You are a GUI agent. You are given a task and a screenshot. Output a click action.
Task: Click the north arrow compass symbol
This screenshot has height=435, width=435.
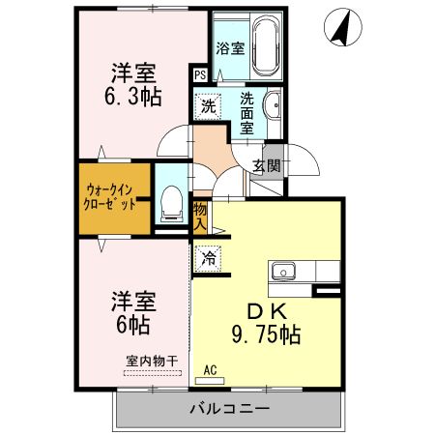(343, 27)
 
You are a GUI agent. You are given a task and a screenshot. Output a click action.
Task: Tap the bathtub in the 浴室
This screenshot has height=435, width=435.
(266, 45)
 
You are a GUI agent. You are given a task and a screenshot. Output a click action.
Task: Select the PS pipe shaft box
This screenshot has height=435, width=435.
(200, 75)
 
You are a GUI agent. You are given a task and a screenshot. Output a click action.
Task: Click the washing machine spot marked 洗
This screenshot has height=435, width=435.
(208, 106)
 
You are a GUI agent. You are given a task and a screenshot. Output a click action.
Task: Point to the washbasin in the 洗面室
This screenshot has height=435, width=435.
(274, 104)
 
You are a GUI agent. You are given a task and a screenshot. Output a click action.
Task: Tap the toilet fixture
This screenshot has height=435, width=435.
(171, 204)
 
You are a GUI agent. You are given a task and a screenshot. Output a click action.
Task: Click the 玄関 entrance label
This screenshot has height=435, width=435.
(266, 165)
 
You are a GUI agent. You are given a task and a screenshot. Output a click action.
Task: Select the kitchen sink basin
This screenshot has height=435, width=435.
(283, 271)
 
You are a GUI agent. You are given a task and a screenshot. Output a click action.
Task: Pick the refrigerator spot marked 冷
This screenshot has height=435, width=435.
(209, 258)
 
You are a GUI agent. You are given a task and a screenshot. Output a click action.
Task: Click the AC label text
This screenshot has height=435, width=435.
(210, 370)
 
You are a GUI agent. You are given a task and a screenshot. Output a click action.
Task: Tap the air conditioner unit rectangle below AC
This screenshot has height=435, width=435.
(210, 381)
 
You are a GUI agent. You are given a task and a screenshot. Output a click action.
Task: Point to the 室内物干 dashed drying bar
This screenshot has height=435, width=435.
(153, 373)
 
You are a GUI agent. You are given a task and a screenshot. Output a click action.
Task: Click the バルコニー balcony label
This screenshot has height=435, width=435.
(229, 409)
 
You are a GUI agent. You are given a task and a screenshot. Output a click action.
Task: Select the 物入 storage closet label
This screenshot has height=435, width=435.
(200, 217)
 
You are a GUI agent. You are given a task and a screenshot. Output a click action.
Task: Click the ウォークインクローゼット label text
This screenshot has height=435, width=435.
(109, 197)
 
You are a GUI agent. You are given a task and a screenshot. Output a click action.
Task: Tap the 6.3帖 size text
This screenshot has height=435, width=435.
(132, 97)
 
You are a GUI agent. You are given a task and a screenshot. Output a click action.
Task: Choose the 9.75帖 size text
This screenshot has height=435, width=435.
(266, 334)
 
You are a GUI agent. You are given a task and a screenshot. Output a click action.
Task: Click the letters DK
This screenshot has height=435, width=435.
(267, 311)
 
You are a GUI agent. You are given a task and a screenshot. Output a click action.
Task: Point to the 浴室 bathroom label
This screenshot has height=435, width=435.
(230, 48)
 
